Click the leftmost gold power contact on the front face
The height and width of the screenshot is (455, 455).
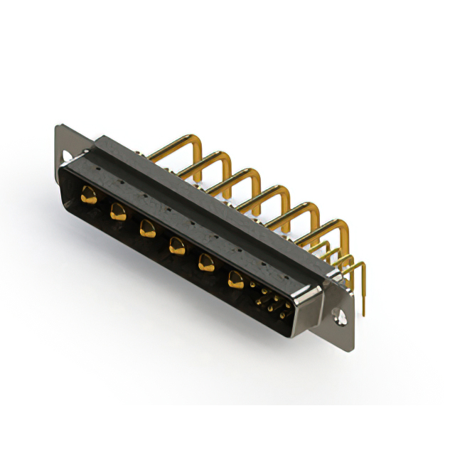[x=89, y=193]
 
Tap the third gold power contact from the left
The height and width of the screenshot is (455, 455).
[x=147, y=228]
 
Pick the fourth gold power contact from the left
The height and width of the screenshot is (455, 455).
[x=176, y=246]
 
